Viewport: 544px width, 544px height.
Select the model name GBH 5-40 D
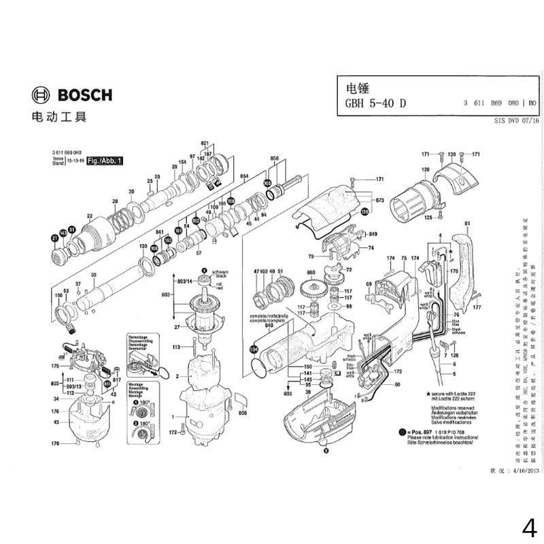coord(376,104)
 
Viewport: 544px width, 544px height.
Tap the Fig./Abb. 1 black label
coord(105,161)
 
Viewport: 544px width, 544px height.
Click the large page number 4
coord(530,528)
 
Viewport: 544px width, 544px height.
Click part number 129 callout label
coord(426,169)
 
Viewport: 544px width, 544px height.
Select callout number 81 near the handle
coord(467,224)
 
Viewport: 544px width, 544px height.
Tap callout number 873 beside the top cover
coord(379,201)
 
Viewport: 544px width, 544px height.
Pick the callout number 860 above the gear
coord(311,272)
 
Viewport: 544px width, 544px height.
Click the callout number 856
coord(275,158)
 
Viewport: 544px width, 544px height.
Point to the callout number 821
coord(204,143)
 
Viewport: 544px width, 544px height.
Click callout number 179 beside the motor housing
coord(56,444)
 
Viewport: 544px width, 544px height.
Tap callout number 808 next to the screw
coord(242,413)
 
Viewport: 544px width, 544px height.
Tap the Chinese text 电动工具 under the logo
coord(59,117)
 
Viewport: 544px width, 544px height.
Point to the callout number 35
coord(94,275)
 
